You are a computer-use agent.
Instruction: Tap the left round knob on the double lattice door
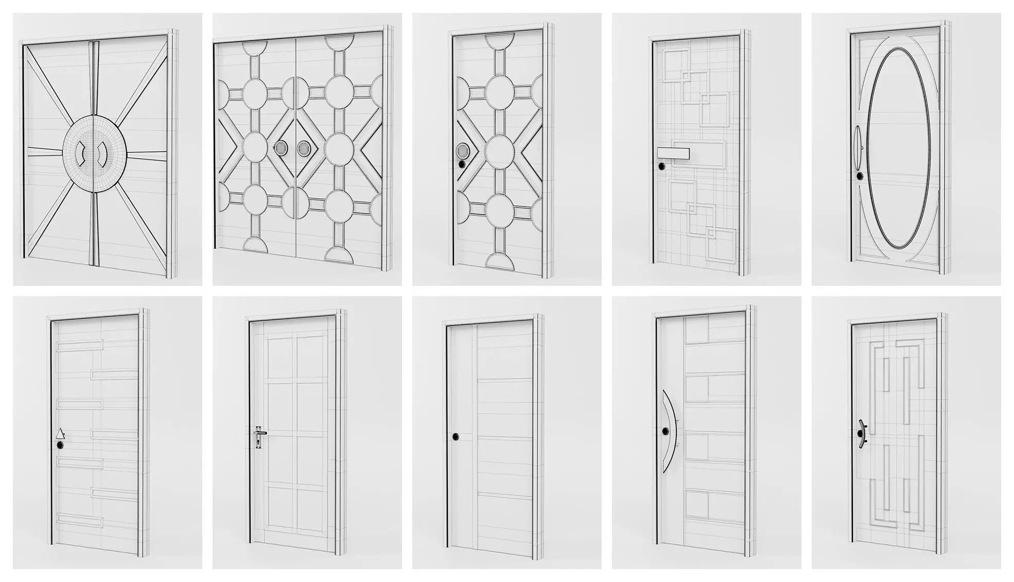tap(281, 149)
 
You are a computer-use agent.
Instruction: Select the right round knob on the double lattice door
tap(303, 149)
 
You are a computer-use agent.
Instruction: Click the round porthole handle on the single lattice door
tap(462, 151)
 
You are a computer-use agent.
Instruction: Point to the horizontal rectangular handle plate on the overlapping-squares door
tap(673, 153)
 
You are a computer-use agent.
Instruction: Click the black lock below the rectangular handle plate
tap(660, 166)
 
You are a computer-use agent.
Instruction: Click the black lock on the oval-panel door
tap(859, 176)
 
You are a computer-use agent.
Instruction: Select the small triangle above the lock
tap(61, 434)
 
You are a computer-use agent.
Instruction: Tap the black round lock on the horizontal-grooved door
tap(456, 437)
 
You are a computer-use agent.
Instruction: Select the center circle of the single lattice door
tap(498, 149)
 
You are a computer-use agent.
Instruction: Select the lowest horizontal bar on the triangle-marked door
tap(80, 521)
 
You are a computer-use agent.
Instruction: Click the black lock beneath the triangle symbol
tap(61, 445)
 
